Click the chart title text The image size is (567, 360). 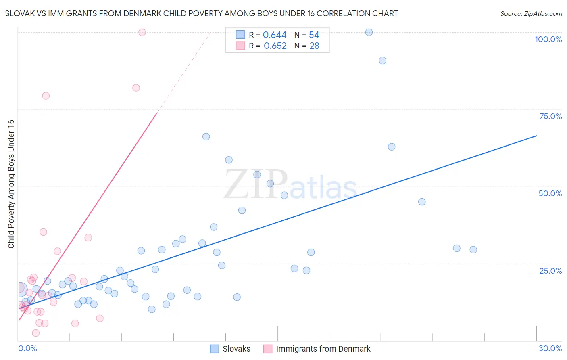pyautogui.click(x=201, y=13)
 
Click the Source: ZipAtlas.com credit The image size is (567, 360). pyautogui.click(x=531, y=13)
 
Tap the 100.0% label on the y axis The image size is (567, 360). pyautogui.click(x=548, y=39)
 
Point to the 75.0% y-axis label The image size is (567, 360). pyautogui.click(x=550, y=116)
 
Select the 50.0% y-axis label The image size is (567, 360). pyautogui.click(x=550, y=193)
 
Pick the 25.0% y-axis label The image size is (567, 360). pyautogui.click(x=550, y=270)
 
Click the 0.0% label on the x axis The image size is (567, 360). pyautogui.click(x=27, y=348)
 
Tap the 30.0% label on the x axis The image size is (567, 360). pyautogui.click(x=550, y=348)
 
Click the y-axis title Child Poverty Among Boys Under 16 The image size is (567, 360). pyautogui.click(x=11, y=184)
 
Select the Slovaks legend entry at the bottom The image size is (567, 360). pyautogui.click(x=236, y=349)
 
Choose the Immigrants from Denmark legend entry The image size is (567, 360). pyautogui.click(x=323, y=349)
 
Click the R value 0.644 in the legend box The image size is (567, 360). pyautogui.click(x=275, y=35)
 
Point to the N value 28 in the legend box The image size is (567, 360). pyautogui.click(x=314, y=46)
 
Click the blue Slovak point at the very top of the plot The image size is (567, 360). pyautogui.click(x=369, y=32)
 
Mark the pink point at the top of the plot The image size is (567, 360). pyautogui.click(x=142, y=32)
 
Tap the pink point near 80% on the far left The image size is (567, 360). pyautogui.click(x=46, y=96)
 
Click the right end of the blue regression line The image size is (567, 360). pyautogui.click(x=536, y=136)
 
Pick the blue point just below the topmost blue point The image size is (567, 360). pyautogui.click(x=382, y=61)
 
